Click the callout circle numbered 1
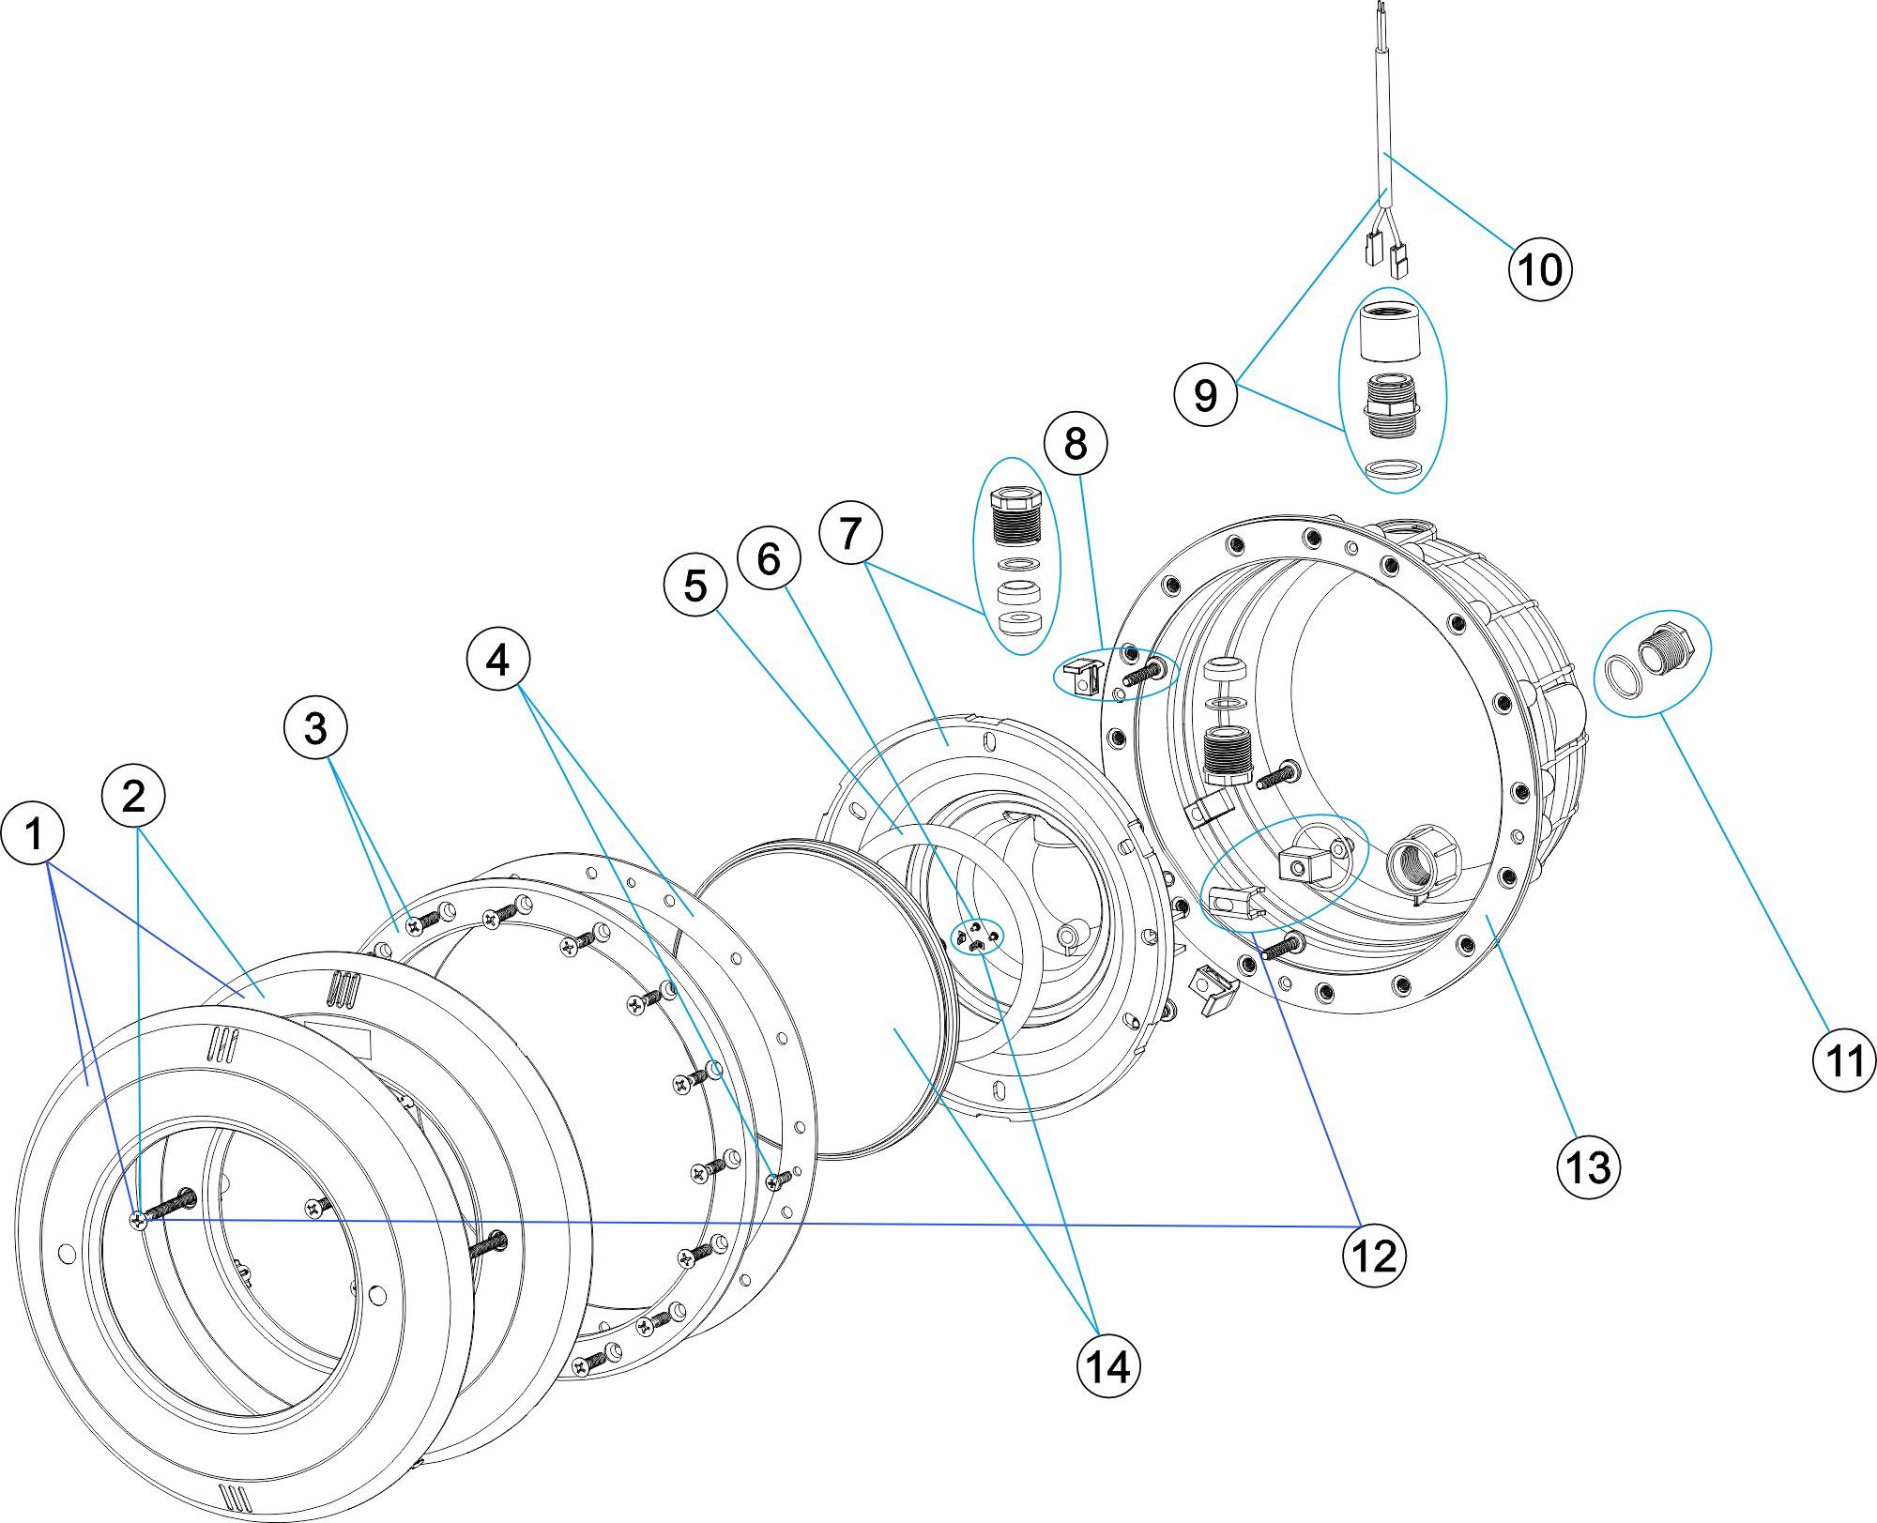[34, 833]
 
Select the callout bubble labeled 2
[133, 797]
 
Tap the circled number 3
[315, 728]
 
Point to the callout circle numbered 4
[497, 660]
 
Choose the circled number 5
[694, 586]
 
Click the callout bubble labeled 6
[769, 559]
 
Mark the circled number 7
[850, 533]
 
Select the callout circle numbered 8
[1076, 443]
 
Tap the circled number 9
[1206, 394]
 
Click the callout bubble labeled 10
[1540, 269]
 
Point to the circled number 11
[1844, 1061]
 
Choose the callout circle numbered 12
[1375, 1256]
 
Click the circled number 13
[1589, 1167]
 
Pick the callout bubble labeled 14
[1108, 1366]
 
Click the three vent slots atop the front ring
[224, 1043]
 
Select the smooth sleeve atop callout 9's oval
[1391, 330]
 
